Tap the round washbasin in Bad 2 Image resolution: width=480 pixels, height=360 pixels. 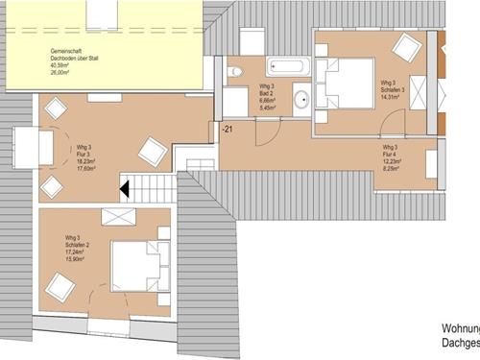pyautogui.click(x=300, y=98)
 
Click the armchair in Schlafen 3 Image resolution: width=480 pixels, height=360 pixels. pyautogui.click(x=407, y=46)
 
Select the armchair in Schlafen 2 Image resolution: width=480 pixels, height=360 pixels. pyautogui.click(x=61, y=285)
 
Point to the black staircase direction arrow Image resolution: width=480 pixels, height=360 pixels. pyautogui.click(x=123, y=188)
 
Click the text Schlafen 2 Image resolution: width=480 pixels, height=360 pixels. pyautogui.click(x=78, y=244)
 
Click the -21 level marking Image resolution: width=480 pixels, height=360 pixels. pyautogui.click(x=227, y=129)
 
